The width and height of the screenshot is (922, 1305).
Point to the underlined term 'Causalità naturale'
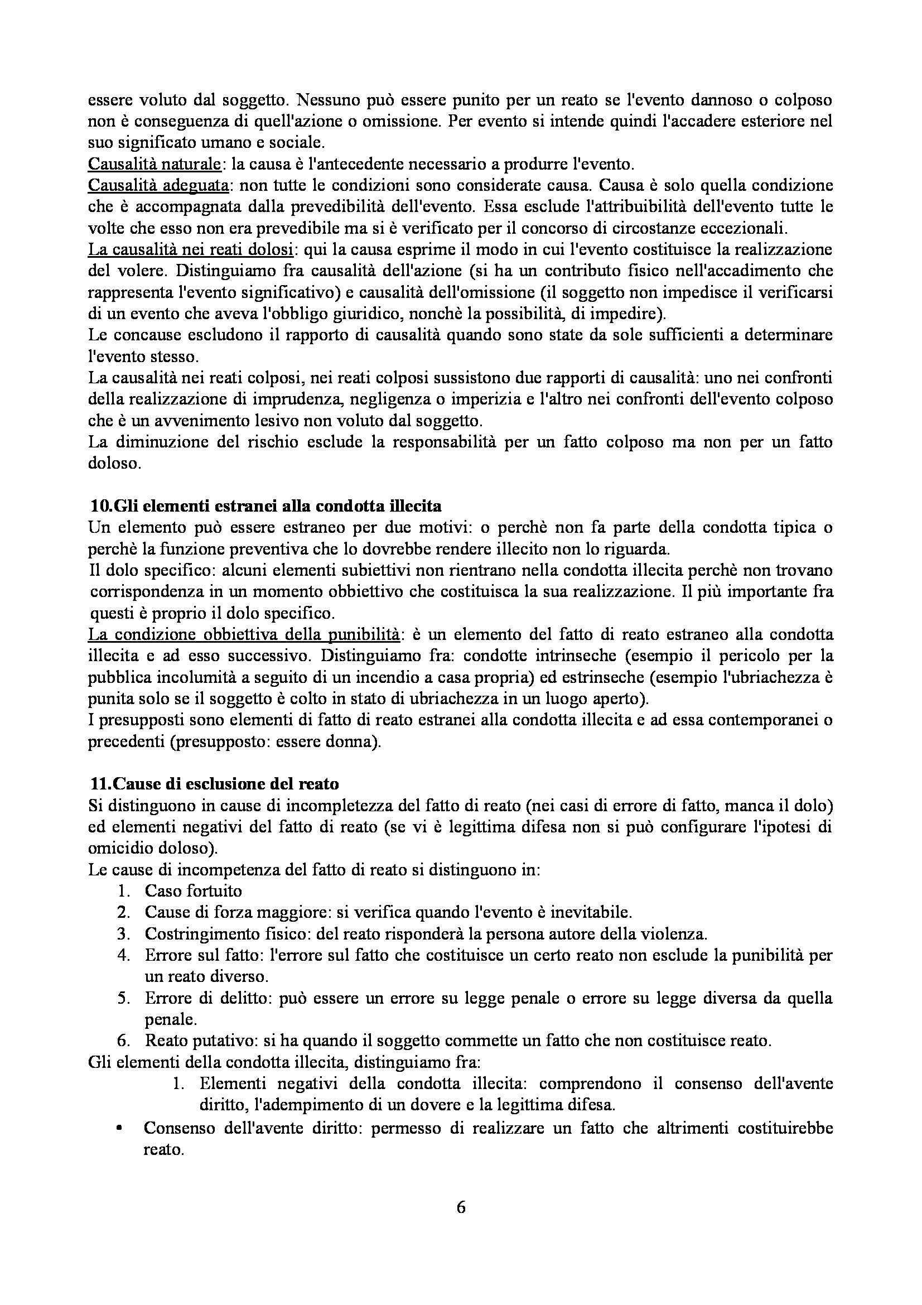tap(154, 164)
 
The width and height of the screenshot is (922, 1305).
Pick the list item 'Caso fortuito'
tap(193, 890)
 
